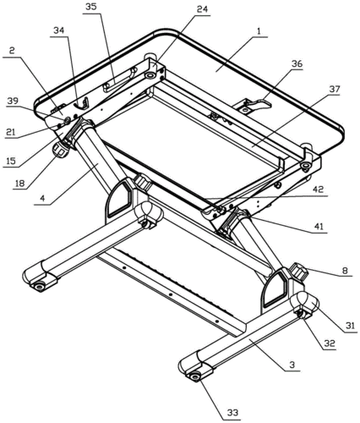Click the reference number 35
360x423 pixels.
[x=91, y=7]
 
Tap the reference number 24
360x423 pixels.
[x=202, y=9]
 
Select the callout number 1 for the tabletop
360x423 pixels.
[x=259, y=31]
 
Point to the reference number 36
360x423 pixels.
[x=297, y=63]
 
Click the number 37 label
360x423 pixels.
[x=334, y=89]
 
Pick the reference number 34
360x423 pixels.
[x=59, y=30]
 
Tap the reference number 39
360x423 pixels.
[x=14, y=101]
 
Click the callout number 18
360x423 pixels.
[x=19, y=184]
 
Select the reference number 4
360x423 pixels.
[x=42, y=198]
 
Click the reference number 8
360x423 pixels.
[x=345, y=271]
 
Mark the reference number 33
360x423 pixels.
[x=232, y=413]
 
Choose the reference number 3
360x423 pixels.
[x=292, y=365]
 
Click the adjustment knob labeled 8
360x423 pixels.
[x=299, y=272]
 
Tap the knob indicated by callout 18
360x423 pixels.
[x=61, y=149]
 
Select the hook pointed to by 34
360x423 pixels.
[x=82, y=103]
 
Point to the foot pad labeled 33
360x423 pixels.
[x=194, y=376]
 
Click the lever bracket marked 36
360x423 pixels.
[x=254, y=106]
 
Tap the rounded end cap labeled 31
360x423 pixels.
[x=306, y=303]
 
